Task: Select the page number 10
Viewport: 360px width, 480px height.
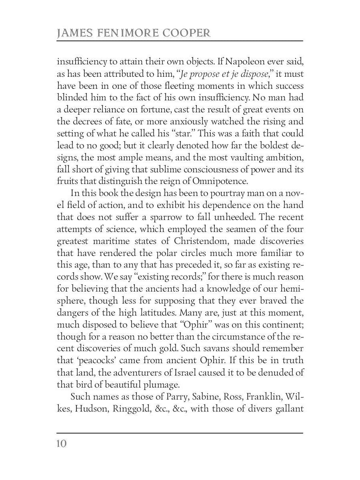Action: click(x=62, y=444)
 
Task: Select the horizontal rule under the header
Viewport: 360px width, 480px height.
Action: click(x=180, y=41)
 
